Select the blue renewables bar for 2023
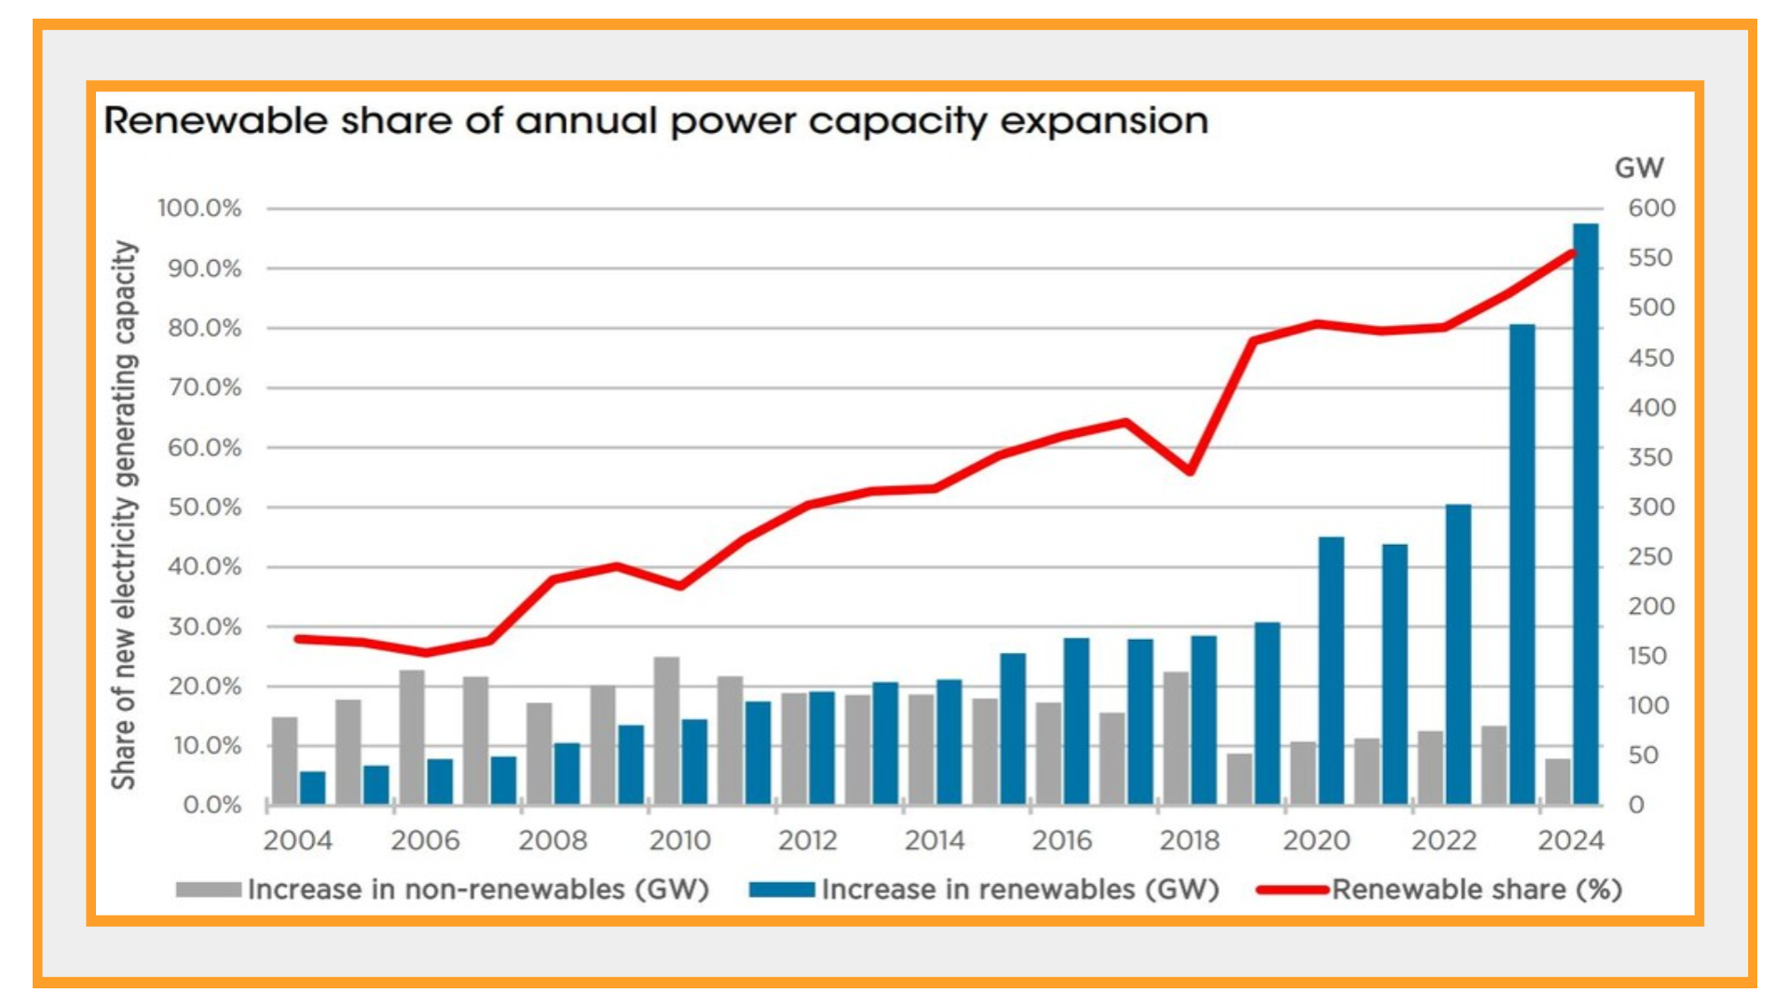tap(1522, 564)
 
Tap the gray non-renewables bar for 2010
tap(666, 731)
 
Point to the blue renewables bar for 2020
tap(1331, 671)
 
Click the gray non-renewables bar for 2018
tap(1176, 739)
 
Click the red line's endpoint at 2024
tap(1574, 252)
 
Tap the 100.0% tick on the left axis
tap(198, 208)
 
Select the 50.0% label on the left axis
tap(204, 508)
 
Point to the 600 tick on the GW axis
tap(1651, 208)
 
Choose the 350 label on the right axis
tap(1651, 457)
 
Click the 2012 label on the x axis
tap(807, 841)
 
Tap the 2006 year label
tap(425, 841)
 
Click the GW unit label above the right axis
tap(1639, 168)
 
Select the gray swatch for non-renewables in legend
tap(208, 890)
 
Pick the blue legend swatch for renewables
tap(782, 890)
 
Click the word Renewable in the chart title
tap(215, 121)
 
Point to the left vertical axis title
tap(125, 514)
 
